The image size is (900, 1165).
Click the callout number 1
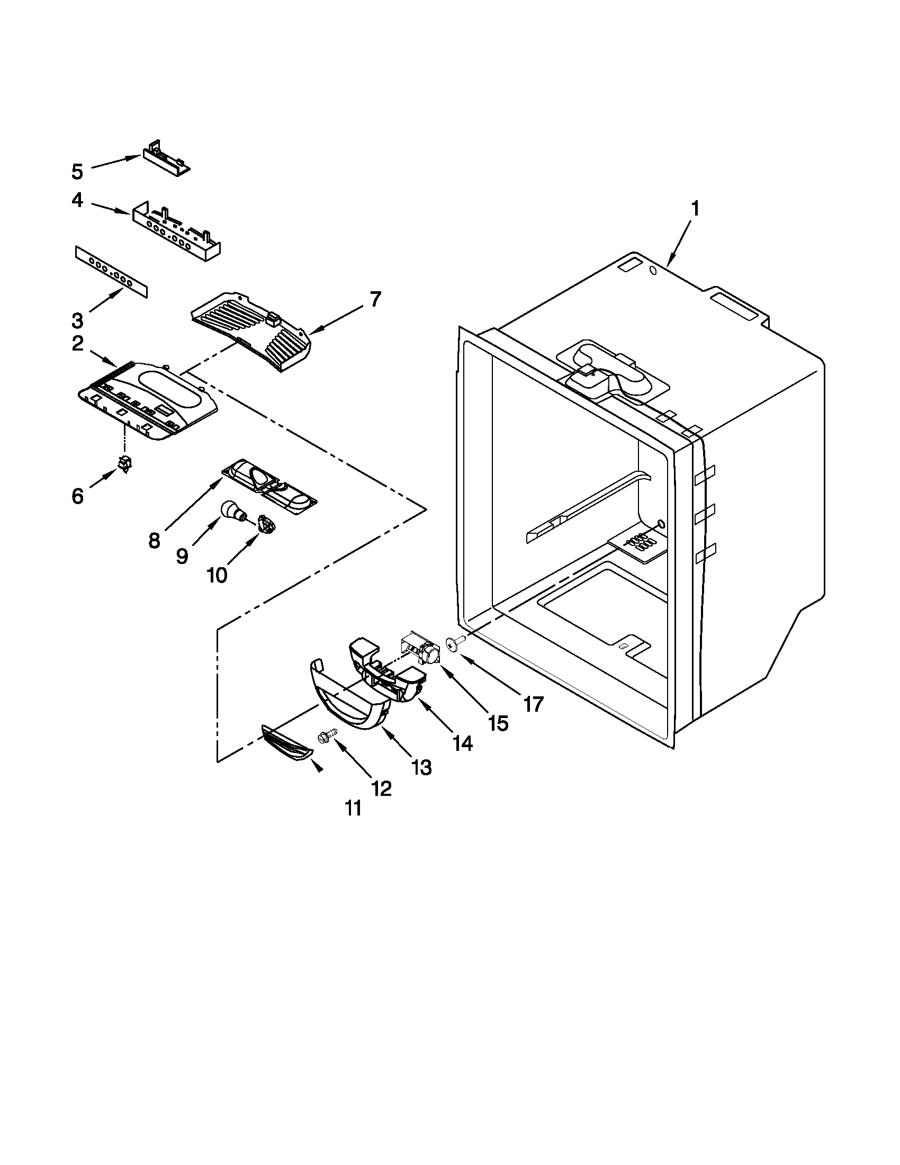(695, 210)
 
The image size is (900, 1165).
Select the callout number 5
(77, 172)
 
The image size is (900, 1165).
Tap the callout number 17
(533, 704)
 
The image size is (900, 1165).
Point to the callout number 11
(353, 808)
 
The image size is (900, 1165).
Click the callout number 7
(375, 299)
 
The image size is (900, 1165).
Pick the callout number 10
(217, 575)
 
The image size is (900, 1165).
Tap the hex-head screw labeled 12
(326, 737)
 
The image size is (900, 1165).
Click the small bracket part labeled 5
(165, 157)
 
